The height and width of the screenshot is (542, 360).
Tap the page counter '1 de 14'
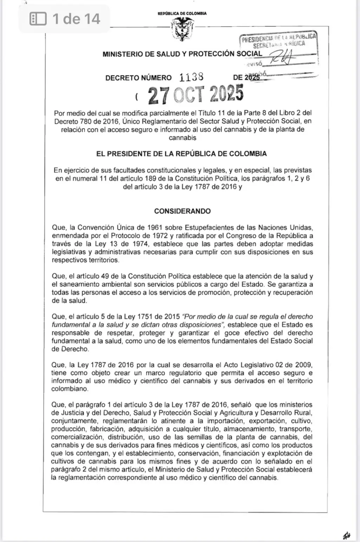pos(76,19)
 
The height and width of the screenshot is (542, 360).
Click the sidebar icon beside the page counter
pos(38,19)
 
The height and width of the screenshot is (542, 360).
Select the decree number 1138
pos(191,77)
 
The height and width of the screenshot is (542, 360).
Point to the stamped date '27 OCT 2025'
pos(195,95)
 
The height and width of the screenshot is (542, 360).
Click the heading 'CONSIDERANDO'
pos(182,211)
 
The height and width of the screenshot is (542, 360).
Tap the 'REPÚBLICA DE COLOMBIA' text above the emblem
pos(182,13)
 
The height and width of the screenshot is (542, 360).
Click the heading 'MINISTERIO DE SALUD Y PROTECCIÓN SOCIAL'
pos(182,54)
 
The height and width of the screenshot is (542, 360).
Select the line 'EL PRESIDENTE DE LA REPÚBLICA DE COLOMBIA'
pos(181,154)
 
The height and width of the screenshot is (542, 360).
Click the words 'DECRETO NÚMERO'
pos(139,78)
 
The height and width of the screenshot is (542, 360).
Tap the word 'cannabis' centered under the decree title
pos(182,138)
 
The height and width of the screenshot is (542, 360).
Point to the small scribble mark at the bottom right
pos(346,536)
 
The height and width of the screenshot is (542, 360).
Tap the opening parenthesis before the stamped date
pos(137,96)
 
